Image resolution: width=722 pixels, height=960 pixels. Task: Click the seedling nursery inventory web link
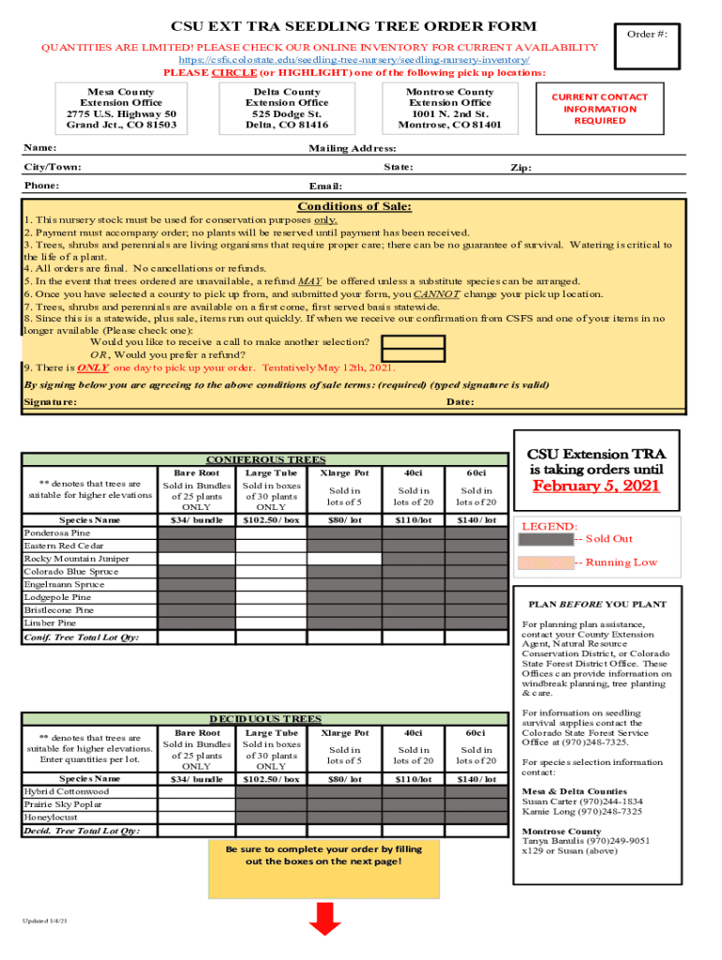(x=360, y=60)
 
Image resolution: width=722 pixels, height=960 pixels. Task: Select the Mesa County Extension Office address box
(x=121, y=109)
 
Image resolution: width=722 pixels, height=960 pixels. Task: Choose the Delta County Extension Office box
(x=287, y=109)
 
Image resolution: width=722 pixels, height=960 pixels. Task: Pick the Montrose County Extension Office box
(x=449, y=109)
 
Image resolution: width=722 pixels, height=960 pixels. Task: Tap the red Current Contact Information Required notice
(x=600, y=109)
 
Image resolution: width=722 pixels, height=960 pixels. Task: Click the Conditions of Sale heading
(x=353, y=207)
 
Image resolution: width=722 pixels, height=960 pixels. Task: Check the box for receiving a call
(x=414, y=342)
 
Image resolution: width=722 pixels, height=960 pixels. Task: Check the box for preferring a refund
(x=414, y=355)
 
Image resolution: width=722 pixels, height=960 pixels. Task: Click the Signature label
(x=50, y=402)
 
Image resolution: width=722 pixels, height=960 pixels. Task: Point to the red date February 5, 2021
(x=595, y=486)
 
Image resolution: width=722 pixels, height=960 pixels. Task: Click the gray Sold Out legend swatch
(x=546, y=539)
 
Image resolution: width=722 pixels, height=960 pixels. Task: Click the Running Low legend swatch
(x=546, y=562)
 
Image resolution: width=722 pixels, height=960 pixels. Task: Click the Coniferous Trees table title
(x=266, y=459)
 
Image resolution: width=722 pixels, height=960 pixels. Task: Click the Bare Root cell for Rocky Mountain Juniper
(x=196, y=559)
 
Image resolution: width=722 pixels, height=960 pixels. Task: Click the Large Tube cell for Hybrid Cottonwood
(x=271, y=792)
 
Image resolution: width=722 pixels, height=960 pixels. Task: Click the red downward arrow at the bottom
(x=324, y=918)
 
